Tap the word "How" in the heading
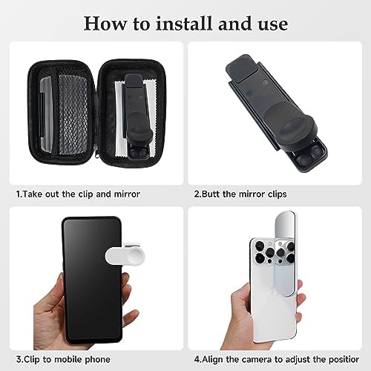(x=105, y=24)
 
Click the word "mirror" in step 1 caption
(x=127, y=194)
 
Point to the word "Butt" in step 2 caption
(x=211, y=194)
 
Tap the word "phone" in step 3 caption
(x=98, y=359)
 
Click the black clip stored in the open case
(x=137, y=116)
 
